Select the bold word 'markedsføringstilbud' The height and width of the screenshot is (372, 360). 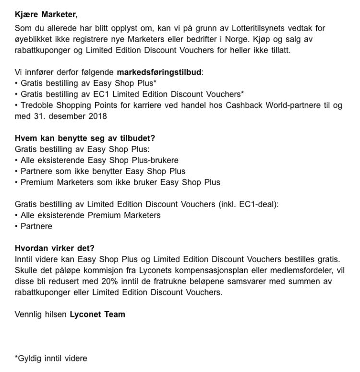click(x=159, y=72)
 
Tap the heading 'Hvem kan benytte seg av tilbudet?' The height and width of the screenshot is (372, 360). click(x=85, y=138)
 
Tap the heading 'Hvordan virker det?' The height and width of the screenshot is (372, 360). click(x=55, y=248)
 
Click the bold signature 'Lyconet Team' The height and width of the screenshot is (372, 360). click(x=97, y=314)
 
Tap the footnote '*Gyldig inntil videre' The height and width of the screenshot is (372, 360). click(x=51, y=358)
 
